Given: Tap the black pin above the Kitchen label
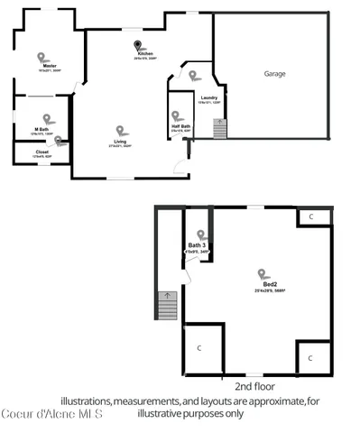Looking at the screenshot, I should pyautogui.click(x=137, y=44).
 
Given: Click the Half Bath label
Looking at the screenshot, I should pyautogui.click(x=180, y=127).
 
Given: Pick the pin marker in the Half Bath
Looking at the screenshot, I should pyautogui.click(x=178, y=116).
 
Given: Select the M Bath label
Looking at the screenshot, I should pyautogui.click(x=42, y=129).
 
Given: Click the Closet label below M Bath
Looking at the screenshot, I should pyautogui.click(x=42, y=152).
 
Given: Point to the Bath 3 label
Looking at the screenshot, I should pyautogui.click(x=198, y=245).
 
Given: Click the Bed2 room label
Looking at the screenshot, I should pyautogui.click(x=263, y=284).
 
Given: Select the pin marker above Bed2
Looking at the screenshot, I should pyautogui.click(x=262, y=273).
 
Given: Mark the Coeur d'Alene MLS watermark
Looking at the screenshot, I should pyautogui.click(x=51, y=414).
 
